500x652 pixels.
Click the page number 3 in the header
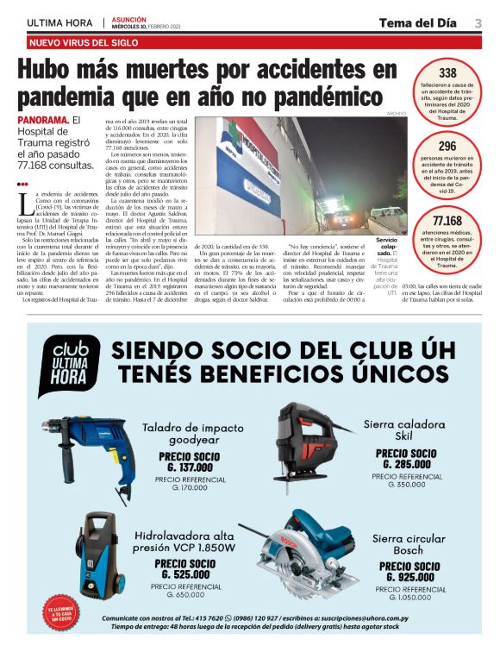coord(478,22)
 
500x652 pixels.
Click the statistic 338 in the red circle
coord(447,73)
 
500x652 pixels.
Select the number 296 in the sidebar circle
coord(447,147)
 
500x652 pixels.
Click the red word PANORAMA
coord(41,120)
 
